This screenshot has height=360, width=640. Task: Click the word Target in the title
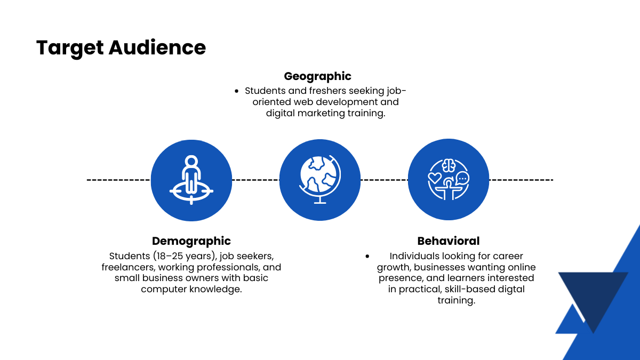69,48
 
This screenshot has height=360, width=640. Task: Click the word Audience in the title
157,48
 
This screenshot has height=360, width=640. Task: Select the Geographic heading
317,76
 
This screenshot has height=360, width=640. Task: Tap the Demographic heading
191,241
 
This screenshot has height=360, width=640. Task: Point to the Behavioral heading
449,241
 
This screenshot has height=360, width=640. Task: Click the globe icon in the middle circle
319,179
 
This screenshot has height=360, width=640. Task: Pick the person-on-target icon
191,180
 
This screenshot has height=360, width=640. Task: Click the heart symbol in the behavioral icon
435,178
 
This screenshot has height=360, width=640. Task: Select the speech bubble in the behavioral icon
462,178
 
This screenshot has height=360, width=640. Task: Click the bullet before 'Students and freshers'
237,91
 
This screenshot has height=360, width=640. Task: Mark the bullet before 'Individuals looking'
367,257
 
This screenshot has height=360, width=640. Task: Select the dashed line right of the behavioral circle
521,180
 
